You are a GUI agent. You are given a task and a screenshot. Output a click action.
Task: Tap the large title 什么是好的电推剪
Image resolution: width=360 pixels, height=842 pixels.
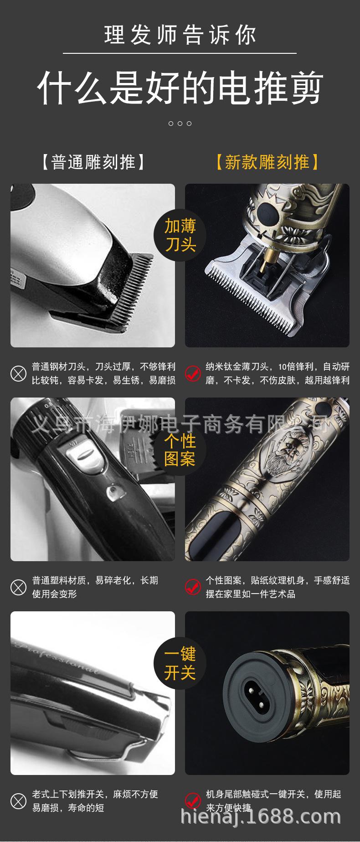[x=180, y=87]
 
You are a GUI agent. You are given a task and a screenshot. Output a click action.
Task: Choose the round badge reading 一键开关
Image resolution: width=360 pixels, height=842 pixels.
[x=180, y=663]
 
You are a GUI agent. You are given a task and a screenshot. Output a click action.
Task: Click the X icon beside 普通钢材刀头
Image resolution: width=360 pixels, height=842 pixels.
[x=19, y=374]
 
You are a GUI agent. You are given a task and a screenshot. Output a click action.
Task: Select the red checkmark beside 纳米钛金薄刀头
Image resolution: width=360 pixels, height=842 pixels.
[x=193, y=374]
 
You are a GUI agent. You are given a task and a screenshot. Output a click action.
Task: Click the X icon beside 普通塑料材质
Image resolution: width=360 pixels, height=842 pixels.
[x=19, y=587]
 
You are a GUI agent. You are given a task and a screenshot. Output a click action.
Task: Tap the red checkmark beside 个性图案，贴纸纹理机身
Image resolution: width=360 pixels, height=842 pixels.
[x=193, y=587]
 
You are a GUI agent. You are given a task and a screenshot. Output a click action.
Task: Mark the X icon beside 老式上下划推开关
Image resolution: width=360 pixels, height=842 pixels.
[x=19, y=801]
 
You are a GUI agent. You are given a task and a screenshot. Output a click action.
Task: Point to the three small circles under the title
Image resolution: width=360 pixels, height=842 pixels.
[x=180, y=124]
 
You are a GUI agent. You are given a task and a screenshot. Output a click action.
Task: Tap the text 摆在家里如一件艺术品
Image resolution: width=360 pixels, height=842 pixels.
[x=250, y=594]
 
